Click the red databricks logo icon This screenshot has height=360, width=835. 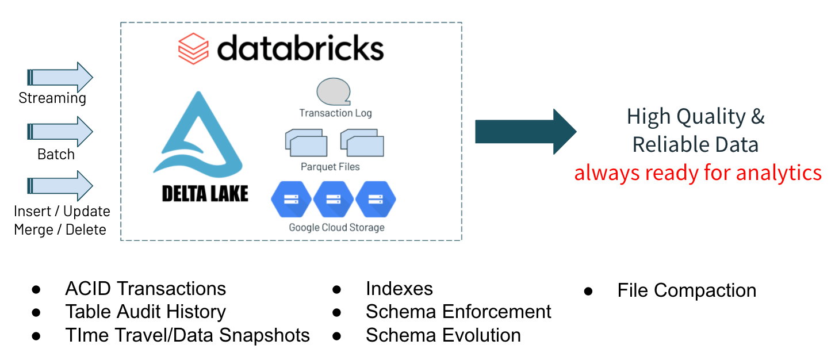[193, 48]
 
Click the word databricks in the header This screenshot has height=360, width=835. [300, 48]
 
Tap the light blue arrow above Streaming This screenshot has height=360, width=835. [61, 76]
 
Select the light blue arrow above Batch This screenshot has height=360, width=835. [61, 132]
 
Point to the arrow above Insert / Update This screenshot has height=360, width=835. [61, 186]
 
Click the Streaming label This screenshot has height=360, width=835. [52, 98]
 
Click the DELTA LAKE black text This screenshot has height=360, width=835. [205, 194]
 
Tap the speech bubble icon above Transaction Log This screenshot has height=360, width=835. [334, 93]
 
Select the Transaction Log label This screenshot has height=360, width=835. [335, 113]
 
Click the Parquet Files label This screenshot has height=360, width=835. [330, 167]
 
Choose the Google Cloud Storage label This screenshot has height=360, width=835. [336, 227]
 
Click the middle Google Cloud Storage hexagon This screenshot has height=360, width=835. [334, 199]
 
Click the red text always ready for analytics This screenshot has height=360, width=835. [698, 173]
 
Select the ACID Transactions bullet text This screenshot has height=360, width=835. [145, 289]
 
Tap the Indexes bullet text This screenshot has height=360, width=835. [399, 289]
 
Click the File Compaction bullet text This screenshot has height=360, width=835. [687, 290]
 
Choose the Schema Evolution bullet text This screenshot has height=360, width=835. [443, 335]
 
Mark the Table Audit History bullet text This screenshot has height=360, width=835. [145, 312]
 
